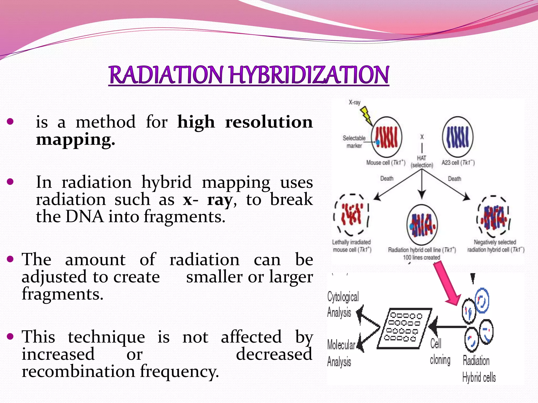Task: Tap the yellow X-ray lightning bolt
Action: point(366,116)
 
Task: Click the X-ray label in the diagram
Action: point(354,102)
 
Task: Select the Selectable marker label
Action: point(354,142)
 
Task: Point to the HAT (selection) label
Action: point(422,162)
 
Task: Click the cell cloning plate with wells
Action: point(404,328)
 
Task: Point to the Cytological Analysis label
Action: point(342,304)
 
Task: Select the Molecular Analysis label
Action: point(340,353)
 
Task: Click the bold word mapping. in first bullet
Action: point(75,140)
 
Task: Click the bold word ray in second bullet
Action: point(220,200)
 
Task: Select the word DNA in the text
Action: point(84,217)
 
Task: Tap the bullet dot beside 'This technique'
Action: point(10,336)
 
